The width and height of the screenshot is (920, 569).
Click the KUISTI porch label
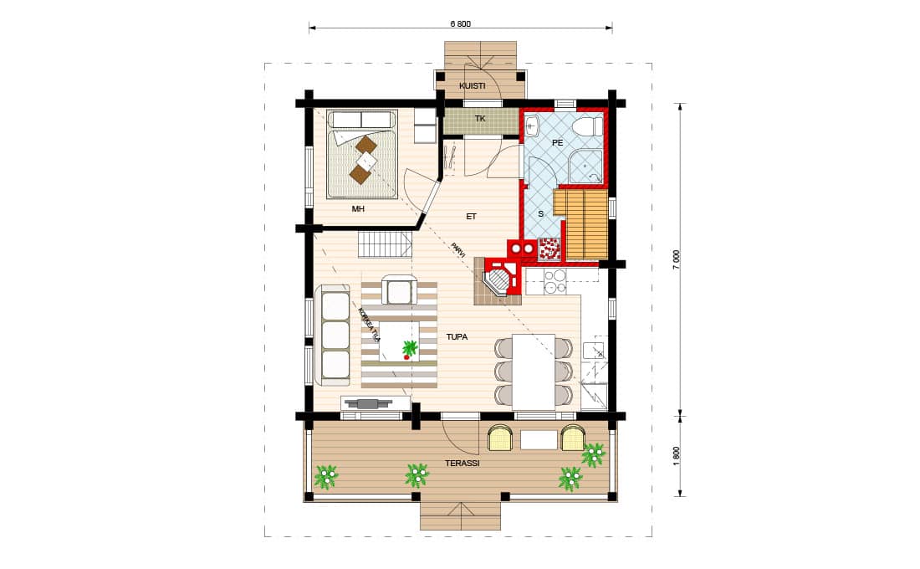tap(473, 85)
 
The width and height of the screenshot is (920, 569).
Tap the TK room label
tap(480, 119)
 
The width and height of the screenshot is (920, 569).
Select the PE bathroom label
tap(557, 143)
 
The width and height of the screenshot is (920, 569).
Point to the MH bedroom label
tap(358, 208)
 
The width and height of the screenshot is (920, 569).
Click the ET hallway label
tap(471, 217)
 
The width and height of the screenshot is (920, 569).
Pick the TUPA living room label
tap(457, 337)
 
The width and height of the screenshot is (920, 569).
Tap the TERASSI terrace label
tap(463, 464)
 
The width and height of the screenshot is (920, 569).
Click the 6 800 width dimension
tap(461, 24)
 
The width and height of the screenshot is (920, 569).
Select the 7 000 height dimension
tap(677, 259)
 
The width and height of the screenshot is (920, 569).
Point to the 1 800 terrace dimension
tap(677, 456)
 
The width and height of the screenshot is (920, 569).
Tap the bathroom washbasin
tap(534, 126)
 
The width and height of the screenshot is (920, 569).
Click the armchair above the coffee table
tap(398, 290)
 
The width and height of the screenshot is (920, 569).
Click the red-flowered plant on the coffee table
tap(410, 350)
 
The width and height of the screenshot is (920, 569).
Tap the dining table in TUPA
tap(534, 372)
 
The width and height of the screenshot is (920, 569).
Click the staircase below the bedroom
tap(385, 243)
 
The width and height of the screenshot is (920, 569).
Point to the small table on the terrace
tap(539, 440)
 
